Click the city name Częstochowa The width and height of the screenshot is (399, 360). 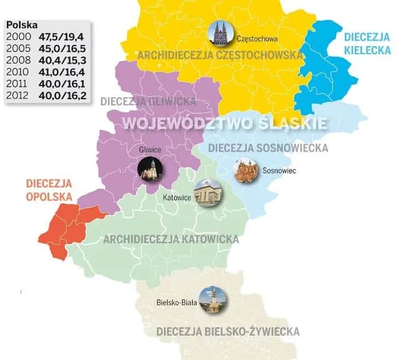coord(257,39)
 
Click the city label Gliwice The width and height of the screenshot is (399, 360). coord(150,149)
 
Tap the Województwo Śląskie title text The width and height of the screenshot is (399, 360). coord(224,122)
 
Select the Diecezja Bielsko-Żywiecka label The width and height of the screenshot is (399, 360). coord(228,331)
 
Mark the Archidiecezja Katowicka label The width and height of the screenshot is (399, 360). coord(171,240)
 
